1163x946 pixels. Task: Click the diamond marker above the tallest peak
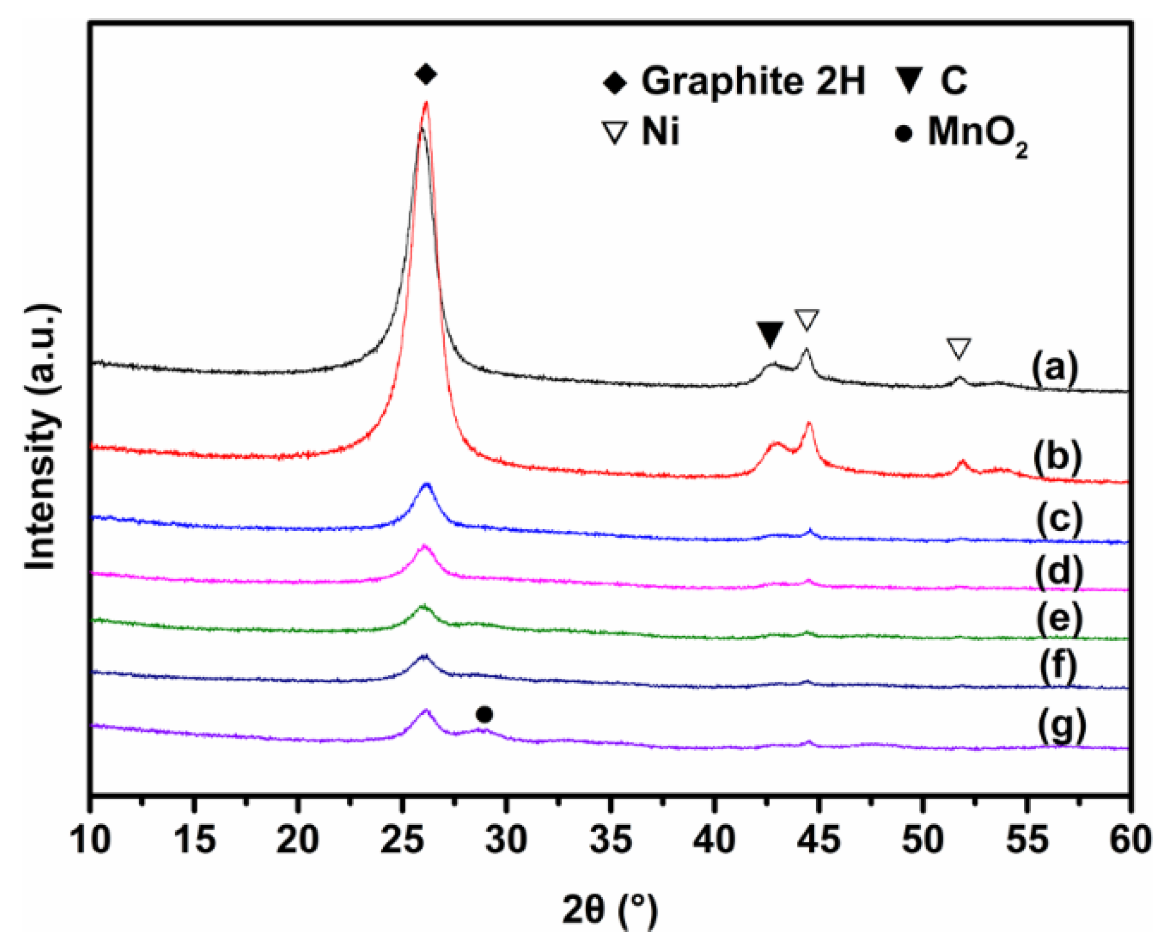(426, 75)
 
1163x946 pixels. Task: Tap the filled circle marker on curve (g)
(484, 714)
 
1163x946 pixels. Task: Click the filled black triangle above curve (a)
(770, 334)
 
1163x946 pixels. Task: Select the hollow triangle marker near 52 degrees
(959, 348)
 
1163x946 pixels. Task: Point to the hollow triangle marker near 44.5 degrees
(807, 320)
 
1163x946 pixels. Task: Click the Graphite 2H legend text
(753, 80)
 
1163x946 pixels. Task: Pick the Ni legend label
(660, 131)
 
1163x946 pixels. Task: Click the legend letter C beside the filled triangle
(953, 80)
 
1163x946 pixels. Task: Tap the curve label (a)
(1055, 367)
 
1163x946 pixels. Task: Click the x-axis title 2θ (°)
(609, 910)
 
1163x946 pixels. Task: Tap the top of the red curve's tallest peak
(426, 103)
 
